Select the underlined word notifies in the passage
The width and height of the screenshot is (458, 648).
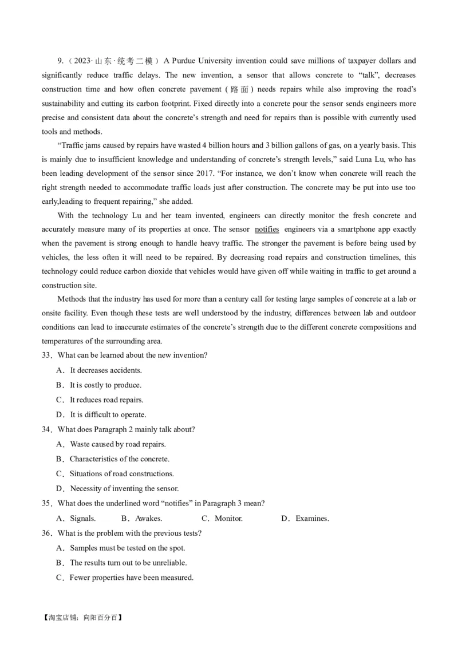(x=267, y=229)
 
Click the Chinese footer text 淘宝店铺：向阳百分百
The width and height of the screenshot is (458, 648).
(x=82, y=618)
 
